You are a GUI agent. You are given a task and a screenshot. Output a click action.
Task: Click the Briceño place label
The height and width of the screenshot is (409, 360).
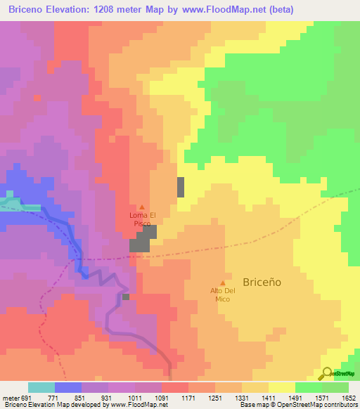click(262, 281)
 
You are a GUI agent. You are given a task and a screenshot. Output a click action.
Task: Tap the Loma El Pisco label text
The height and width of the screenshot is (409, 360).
click(143, 219)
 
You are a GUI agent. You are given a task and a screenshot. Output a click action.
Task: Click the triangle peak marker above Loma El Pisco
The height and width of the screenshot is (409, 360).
click(143, 206)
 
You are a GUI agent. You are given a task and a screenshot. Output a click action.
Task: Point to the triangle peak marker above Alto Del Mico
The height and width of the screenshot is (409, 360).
click(224, 282)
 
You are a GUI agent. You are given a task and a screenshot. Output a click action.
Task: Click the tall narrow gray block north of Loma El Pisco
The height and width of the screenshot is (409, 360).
click(181, 187)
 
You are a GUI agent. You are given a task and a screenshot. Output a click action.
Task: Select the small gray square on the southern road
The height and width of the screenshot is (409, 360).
click(125, 297)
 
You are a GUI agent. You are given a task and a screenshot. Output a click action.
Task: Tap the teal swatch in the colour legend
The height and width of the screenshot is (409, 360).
click(41, 387)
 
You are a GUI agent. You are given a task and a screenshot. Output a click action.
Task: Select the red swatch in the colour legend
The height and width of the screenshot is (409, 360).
click(174, 387)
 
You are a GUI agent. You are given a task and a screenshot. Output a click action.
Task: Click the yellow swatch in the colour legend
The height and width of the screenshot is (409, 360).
click(281, 387)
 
